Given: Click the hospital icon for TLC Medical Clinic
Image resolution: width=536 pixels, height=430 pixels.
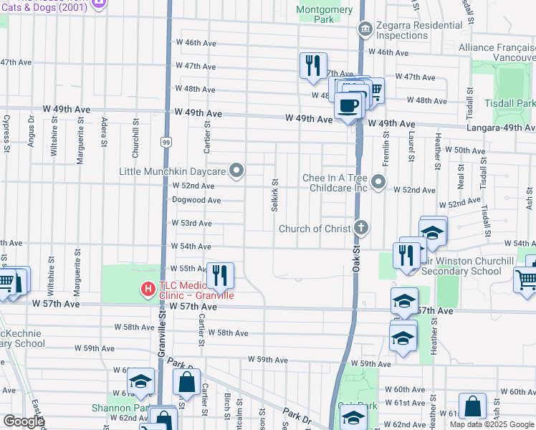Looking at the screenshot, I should [x=148, y=290].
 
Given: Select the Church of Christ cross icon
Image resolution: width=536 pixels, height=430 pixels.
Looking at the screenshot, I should [x=362, y=229].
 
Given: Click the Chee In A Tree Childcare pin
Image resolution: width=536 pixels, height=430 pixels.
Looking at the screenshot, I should [x=379, y=182].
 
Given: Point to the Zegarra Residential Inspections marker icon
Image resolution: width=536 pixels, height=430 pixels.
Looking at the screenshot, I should [x=365, y=29].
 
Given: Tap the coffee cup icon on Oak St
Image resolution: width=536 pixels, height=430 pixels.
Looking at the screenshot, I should [x=348, y=105].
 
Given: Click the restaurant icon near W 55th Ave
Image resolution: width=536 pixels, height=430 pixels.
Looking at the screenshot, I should [x=220, y=274].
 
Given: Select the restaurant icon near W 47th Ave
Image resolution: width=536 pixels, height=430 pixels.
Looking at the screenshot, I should [x=313, y=65].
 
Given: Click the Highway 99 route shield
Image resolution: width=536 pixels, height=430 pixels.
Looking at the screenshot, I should [x=166, y=143].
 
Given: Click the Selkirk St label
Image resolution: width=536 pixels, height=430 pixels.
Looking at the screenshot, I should [x=274, y=194].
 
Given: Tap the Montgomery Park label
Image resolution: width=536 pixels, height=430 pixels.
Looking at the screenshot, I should [x=324, y=14].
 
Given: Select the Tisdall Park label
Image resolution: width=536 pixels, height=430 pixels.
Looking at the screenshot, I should [x=515, y=104].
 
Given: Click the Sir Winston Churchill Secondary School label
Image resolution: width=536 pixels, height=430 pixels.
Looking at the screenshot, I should [x=467, y=266].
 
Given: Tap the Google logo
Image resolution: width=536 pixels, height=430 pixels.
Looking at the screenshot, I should [x=24, y=421].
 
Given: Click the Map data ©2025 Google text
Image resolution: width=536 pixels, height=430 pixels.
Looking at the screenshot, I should [x=492, y=424].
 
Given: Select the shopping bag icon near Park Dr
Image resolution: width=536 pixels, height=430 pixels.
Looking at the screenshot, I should [x=186, y=382].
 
